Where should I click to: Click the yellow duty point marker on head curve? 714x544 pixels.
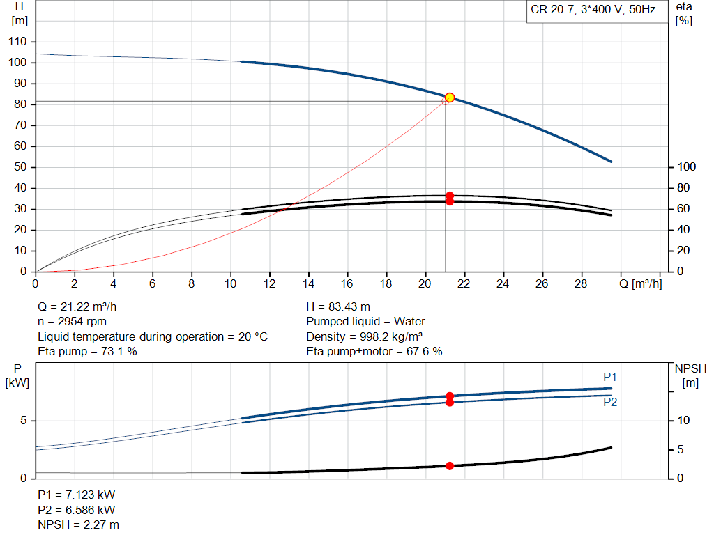coord(450,98)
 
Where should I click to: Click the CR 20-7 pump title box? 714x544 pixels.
coord(593,11)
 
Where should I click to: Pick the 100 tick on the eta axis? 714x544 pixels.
coord(687,167)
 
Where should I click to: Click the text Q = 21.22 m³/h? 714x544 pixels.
coord(82,306)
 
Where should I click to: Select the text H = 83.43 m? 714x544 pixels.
coord(338,306)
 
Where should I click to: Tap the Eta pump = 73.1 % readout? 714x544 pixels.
coord(87,352)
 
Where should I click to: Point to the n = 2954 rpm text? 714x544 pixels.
coord(73,322)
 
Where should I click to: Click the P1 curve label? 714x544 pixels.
coord(610,377)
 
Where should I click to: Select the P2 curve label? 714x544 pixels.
coord(610,403)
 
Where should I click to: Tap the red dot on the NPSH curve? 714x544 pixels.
coord(450,465)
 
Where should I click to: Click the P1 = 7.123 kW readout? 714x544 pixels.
coord(76,495)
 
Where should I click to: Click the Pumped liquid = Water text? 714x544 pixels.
coord(365,322)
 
